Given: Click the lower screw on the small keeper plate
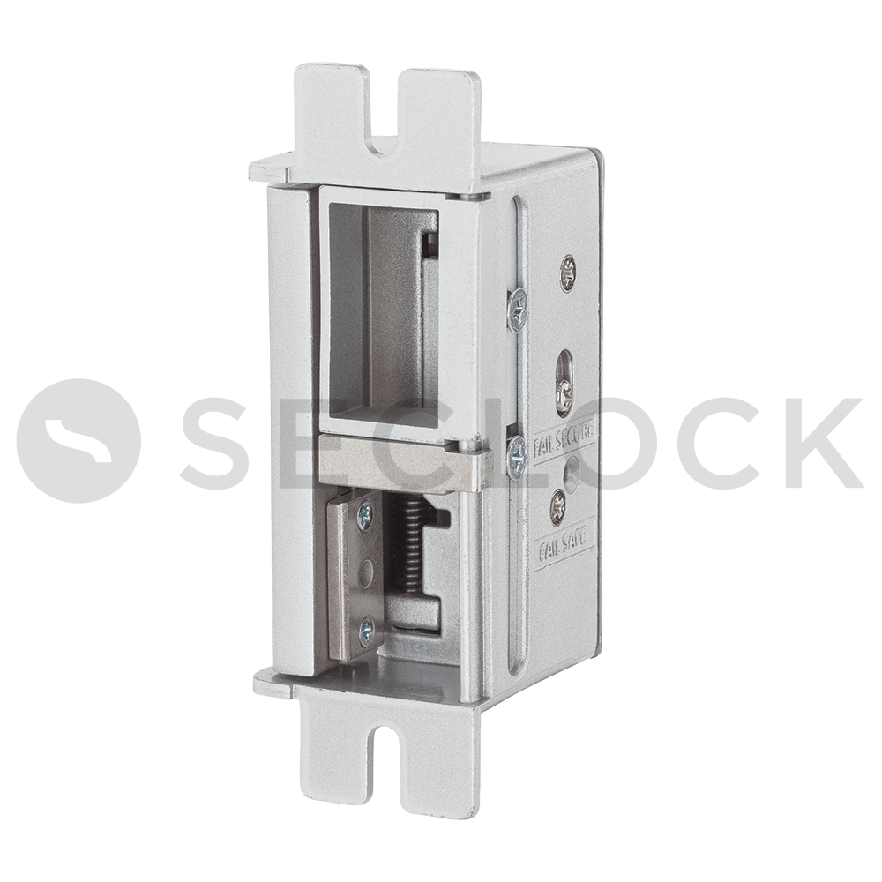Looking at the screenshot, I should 365,627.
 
